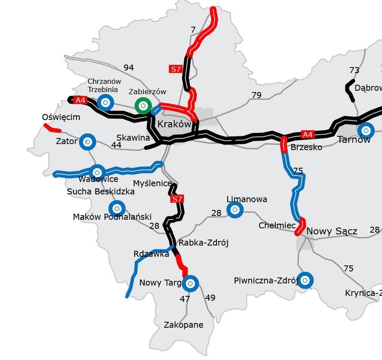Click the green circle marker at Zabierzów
click(x=143, y=105)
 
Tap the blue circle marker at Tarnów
click(x=366, y=130)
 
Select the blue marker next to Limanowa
click(x=234, y=210)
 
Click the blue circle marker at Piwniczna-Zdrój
click(x=305, y=280)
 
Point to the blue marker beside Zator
click(x=87, y=141)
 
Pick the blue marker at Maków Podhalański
click(x=117, y=208)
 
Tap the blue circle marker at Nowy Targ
click(x=190, y=283)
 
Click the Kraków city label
click(x=174, y=124)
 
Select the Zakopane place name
click(x=183, y=325)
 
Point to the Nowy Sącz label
click(x=331, y=231)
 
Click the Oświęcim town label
click(x=61, y=117)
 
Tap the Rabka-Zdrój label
click(x=203, y=243)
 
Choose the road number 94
click(x=129, y=68)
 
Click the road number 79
click(x=256, y=95)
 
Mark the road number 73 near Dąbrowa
click(x=354, y=70)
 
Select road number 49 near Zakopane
click(x=210, y=298)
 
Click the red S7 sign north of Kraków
click(x=176, y=69)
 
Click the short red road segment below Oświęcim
click(x=52, y=128)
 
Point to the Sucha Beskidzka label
click(x=101, y=191)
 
